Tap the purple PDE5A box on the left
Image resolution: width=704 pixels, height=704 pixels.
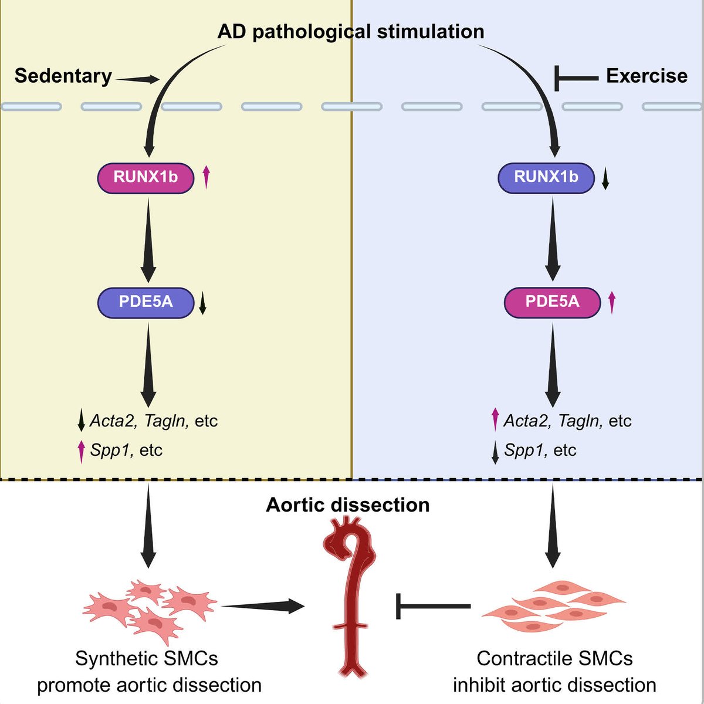click(145, 302)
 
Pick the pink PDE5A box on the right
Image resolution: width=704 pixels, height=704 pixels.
click(552, 302)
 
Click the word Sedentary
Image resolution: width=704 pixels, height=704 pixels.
click(63, 76)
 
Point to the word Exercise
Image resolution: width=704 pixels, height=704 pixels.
click(647, 76)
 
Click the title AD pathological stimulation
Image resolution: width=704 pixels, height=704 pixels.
click(351, 31)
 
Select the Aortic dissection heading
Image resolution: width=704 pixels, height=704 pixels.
click(348, 505)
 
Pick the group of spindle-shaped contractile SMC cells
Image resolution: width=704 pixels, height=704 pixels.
click(553, 607)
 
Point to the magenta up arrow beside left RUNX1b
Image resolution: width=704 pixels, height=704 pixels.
click(206, 177)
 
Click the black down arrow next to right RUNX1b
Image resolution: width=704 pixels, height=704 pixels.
click(605, 178)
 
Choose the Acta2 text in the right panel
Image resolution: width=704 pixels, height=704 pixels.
click(525, 421)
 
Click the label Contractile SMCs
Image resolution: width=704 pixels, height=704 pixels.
click(554, 658)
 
